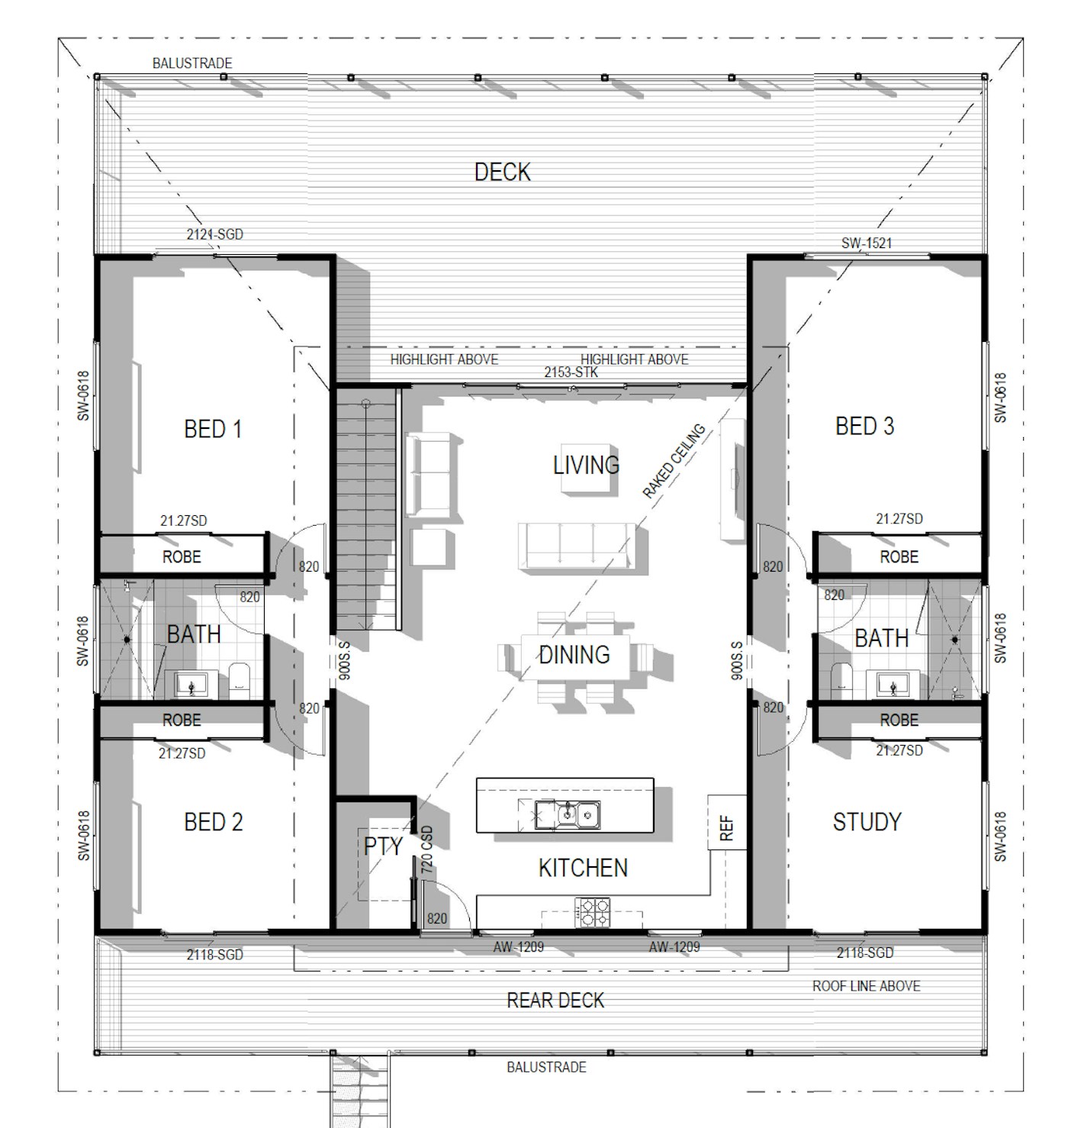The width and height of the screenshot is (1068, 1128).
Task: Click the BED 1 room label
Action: click(213, 429)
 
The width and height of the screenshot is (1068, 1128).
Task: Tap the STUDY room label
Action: click(867, 822)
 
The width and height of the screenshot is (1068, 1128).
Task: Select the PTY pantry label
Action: click(383, 846)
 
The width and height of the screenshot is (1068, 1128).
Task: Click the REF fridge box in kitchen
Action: click(727, 822)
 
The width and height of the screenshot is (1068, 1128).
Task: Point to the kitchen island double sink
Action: click(568, 815)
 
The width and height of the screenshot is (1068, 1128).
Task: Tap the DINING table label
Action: click(574, 655)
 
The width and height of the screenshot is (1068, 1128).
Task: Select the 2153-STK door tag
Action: click(571, 372)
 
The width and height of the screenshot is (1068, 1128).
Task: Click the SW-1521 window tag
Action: click(867, 243)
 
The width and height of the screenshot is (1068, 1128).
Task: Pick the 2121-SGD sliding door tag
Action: click(214, 234)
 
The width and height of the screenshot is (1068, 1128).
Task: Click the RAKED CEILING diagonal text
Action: click(674, 461)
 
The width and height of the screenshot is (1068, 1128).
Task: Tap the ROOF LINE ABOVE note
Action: click(866, 986)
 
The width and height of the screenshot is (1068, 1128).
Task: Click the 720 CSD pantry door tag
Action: click(426, 849)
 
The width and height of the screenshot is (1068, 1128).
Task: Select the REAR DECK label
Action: click(555, 1001)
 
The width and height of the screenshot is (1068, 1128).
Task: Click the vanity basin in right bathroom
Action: click(893, 685)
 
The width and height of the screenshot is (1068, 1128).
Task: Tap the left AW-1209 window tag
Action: click(518, 946)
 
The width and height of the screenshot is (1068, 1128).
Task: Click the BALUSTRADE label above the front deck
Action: click(192, 63)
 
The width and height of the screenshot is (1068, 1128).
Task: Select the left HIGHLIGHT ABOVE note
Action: click(444, 359)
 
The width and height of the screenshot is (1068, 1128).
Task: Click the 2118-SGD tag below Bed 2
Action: click(214, 954)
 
